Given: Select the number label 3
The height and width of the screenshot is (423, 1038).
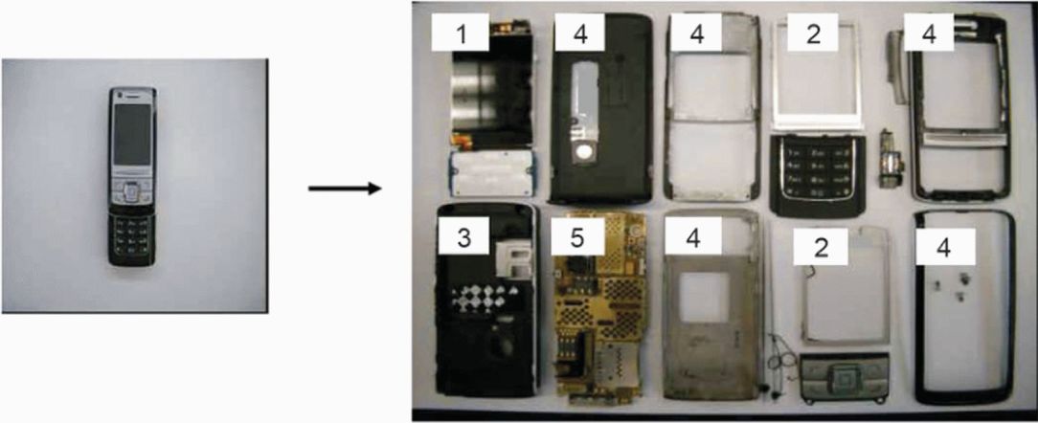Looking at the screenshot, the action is click(x=463, y=238).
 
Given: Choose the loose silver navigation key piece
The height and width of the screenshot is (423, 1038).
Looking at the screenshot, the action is click(x=841, y=371).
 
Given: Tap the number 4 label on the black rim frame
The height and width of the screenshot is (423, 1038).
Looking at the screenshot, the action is click(x=944, y=250).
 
